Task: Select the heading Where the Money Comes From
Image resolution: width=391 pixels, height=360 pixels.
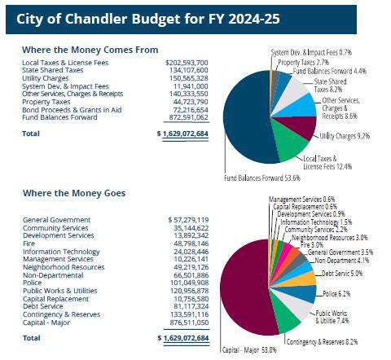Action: click(90, 50)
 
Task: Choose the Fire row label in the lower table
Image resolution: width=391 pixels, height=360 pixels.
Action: click(29, 243)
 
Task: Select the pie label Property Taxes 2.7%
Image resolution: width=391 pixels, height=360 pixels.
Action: click(304, 62)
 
